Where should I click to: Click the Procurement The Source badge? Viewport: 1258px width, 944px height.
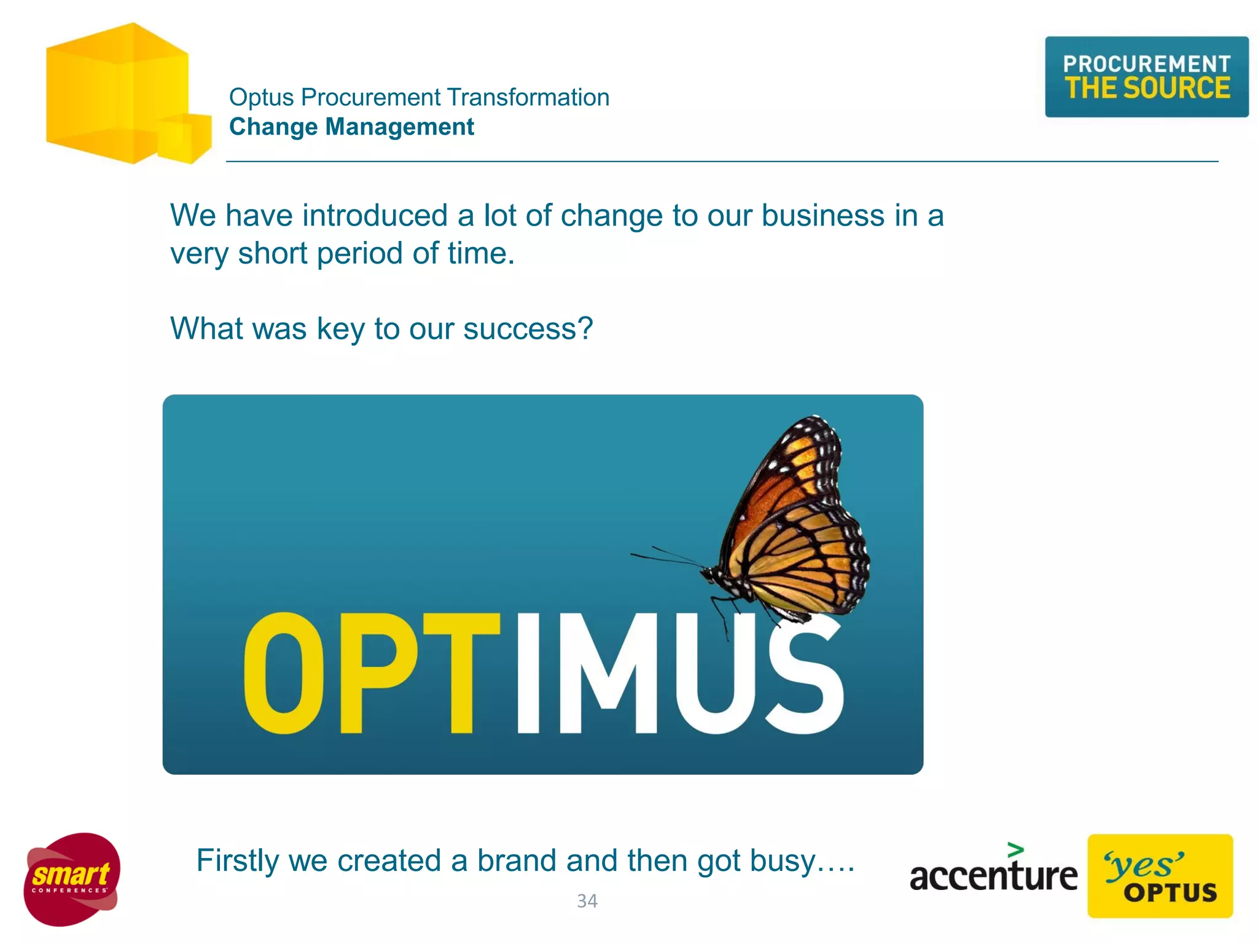1146,77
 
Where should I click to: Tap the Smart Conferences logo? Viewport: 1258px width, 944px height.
72,879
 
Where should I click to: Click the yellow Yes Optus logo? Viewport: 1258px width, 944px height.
1160,876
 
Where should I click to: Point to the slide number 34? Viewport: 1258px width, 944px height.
587,901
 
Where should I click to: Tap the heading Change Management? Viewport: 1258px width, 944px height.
351,127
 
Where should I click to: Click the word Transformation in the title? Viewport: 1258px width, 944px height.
528,97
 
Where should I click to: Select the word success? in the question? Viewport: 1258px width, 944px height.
528,328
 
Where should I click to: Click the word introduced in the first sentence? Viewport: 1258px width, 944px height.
374,216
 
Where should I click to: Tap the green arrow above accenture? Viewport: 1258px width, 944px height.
1015,850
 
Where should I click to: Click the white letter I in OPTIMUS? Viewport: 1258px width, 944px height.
528,673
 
